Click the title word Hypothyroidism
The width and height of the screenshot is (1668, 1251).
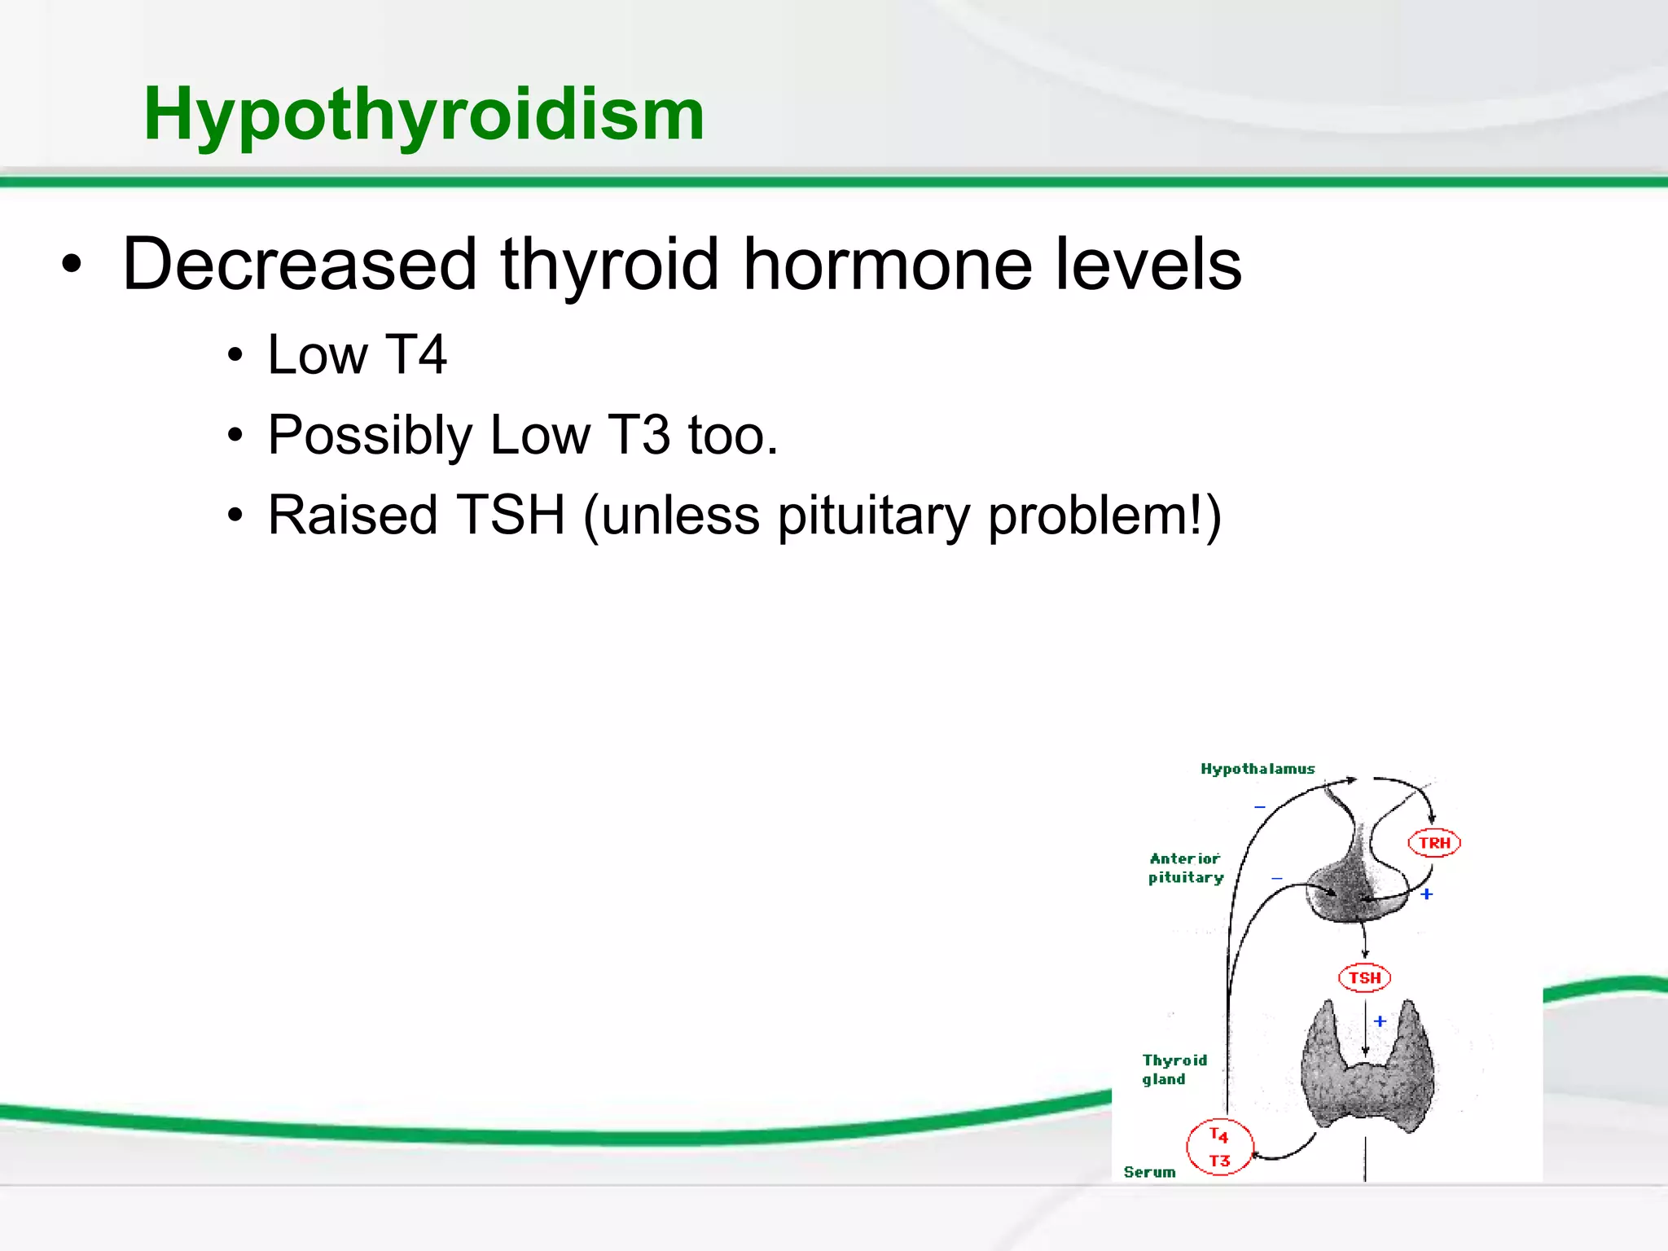424,114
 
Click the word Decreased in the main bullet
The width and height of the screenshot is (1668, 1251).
299,264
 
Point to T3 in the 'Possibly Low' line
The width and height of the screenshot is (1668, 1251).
639,435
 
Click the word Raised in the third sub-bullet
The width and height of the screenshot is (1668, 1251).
353,515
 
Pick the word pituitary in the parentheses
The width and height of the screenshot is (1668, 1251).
873,516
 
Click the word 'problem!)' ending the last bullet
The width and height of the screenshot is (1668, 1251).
1104,516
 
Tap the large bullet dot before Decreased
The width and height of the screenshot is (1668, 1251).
72,265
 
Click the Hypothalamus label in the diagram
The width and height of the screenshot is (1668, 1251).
1258,769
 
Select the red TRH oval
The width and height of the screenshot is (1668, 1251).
1434,843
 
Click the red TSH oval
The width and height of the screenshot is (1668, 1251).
1364,977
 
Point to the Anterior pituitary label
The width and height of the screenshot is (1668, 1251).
1186,868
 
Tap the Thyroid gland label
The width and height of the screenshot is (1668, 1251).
1174,1069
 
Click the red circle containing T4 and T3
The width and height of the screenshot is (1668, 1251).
1219,1148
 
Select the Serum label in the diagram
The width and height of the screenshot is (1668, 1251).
1149,1172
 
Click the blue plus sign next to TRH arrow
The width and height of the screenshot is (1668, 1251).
1427,894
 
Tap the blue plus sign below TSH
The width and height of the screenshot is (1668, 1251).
1380,1021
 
